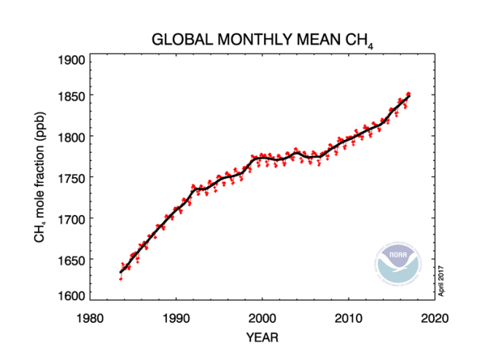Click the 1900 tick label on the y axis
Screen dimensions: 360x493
point(70,60)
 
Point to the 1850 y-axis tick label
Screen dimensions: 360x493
point(70,96)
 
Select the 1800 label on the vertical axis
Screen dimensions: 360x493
point(70,137)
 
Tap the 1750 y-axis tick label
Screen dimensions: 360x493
point(70,178)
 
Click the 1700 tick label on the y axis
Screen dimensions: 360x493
point(70,219)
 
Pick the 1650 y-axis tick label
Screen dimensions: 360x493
point(70,259)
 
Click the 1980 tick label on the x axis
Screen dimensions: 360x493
point(89,318)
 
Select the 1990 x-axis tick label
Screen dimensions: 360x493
point(176,318)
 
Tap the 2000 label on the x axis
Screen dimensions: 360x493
point(262,318)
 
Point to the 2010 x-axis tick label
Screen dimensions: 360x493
point(349,318)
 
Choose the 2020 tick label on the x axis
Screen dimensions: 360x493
point(435,318)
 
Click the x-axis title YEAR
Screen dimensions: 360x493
point(262,337)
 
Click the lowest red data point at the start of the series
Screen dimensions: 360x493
point(120,278)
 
